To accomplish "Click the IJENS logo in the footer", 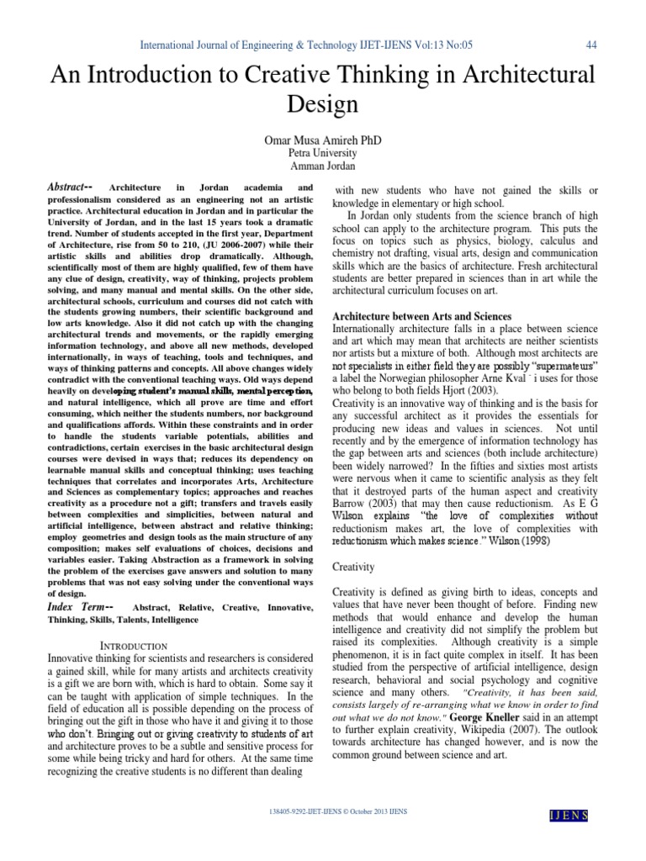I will (x=568, y=816).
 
